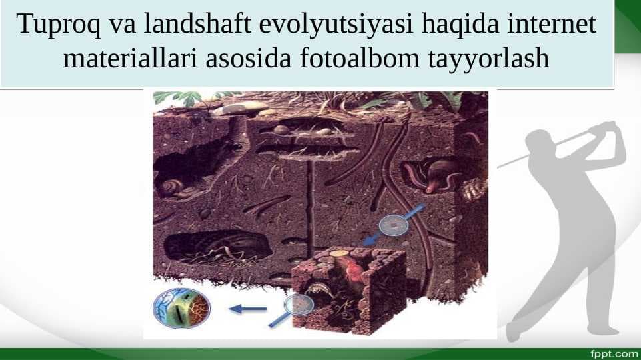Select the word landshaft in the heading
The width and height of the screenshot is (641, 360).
[x=197, y=24]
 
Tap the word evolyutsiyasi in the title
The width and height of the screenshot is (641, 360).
[x=336, y=25]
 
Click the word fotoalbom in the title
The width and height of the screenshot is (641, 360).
[x=360, y=57]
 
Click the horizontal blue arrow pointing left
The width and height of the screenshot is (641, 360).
[x=248, y=309]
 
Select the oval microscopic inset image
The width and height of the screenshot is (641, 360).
[x=181, y=308]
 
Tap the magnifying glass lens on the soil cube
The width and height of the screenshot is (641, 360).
[x=299, y=305]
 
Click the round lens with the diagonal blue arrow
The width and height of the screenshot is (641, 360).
[x=394, y=225]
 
